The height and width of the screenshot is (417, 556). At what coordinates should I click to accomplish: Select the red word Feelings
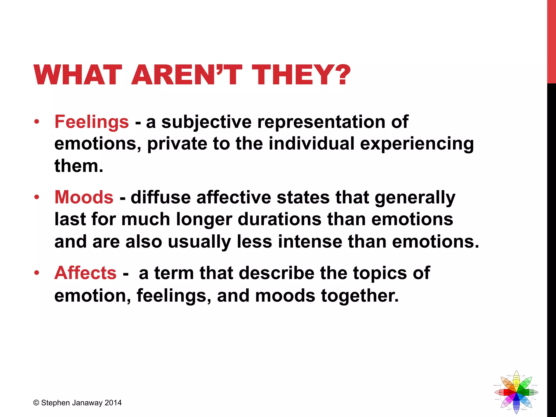91,122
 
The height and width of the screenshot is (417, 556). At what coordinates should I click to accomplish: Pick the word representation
321,122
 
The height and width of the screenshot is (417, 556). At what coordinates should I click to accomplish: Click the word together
360,296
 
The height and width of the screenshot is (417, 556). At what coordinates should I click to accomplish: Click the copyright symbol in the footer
36,403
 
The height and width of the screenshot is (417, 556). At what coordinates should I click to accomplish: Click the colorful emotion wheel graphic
516,392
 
